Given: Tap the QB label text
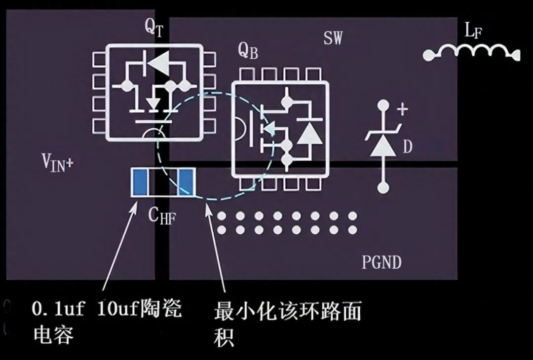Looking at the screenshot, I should [248, 50].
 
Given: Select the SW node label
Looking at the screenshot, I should [333, 38].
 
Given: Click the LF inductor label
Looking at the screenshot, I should [473, 32].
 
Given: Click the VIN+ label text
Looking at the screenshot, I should [57, 162].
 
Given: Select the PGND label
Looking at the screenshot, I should [381, 262].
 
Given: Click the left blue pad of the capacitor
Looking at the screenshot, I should [140, 181].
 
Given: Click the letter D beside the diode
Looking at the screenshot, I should [407, 146].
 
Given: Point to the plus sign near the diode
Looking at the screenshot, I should [403, 109].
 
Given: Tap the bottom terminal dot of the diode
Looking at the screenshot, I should [383, 188].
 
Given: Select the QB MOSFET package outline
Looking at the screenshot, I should [280, 128].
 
